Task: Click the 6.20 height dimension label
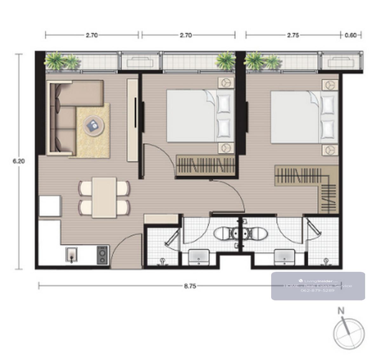pyautogui.click(x=19, y=161)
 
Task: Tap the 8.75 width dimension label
pyautogui.click(x=190, y=286)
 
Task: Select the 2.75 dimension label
pyautogui.click(x=293, y=36)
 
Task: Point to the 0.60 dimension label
pyautogui.click(x=351, y=36)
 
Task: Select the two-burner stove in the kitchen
pyautogui.click(x=102, y=255)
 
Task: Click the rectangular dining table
pyautogui.click(x=104, y=198)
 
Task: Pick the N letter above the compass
pyautogui.click(x=341, y=311)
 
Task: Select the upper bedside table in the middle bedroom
pyautogui.click(x=226, y=83)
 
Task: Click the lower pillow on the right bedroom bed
pyautogui.click(x=328, y=129)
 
